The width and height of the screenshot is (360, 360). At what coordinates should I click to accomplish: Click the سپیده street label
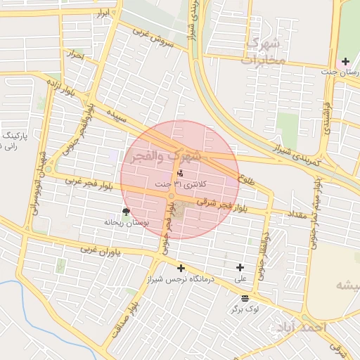pyautogui.click(x=117, y=116)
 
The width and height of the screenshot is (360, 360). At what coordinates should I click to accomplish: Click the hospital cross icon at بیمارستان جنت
pyautogui.click(x=345, y=62)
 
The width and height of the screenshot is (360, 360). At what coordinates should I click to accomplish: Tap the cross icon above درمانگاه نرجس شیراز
pyautogui.click(x=181, y=268)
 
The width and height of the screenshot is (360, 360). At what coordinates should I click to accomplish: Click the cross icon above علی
pyautogui.click(x=240, y=267)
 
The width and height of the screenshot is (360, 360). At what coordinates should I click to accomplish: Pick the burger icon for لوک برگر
pyautogui.click(x=245, y=298)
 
